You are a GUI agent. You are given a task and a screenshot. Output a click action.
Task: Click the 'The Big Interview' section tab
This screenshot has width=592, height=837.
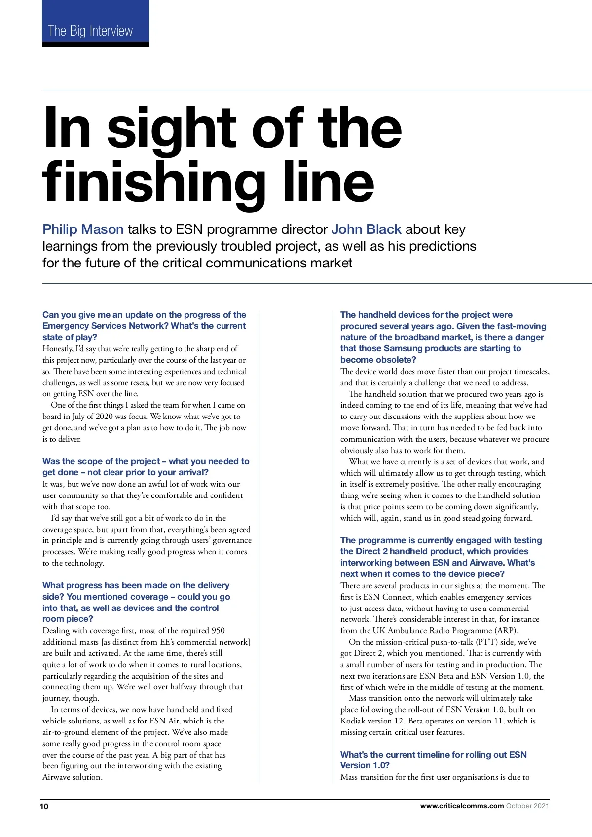pos(90,31)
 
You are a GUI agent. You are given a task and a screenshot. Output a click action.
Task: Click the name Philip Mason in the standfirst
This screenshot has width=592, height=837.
pos(83,229)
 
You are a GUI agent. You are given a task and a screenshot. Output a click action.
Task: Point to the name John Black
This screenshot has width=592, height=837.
pos(366,229)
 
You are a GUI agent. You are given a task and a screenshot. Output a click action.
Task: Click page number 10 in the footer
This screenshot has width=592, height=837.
pos(44,806)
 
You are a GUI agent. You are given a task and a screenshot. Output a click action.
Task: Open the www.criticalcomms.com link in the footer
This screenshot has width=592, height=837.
pos(462,806)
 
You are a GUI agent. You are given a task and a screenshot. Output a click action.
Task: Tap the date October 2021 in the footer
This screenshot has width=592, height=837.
pos(527,806)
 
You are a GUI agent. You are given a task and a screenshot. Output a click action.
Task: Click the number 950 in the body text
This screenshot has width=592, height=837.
pos(218,631)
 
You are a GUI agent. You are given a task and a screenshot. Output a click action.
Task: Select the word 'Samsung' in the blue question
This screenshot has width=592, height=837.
pos(404,348)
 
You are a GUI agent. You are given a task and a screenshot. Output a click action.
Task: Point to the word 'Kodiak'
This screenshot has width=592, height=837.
pos(352,721)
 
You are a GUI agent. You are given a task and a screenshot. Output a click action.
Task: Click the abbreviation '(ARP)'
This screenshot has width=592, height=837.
pos(506,631)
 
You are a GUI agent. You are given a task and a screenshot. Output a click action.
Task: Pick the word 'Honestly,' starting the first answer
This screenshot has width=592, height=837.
pos(58,349)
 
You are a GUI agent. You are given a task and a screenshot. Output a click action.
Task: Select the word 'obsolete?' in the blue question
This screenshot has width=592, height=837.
pos(396,360)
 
